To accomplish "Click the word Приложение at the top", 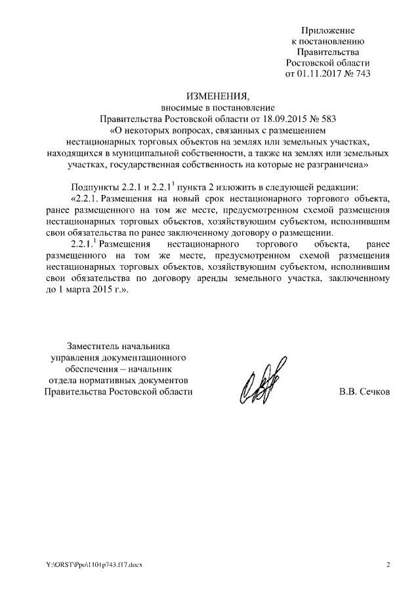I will click(x=327, y=30).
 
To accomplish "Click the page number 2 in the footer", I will click(x=388, y=566).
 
